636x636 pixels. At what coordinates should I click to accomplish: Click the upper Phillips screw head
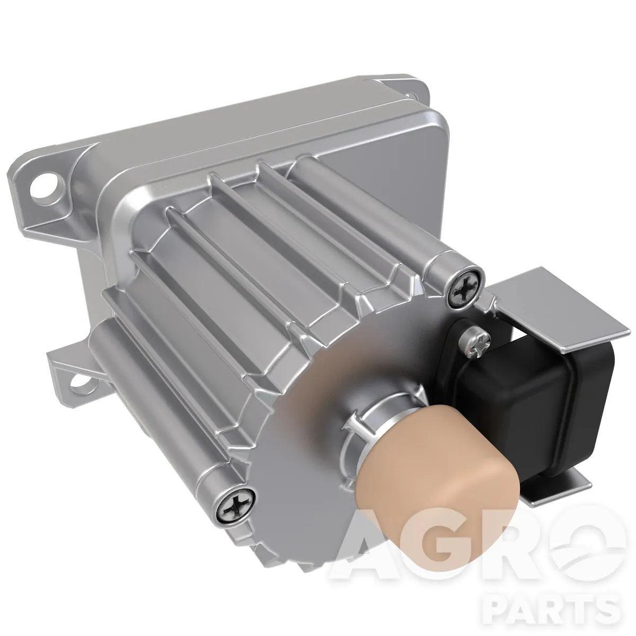pos(464,288)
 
